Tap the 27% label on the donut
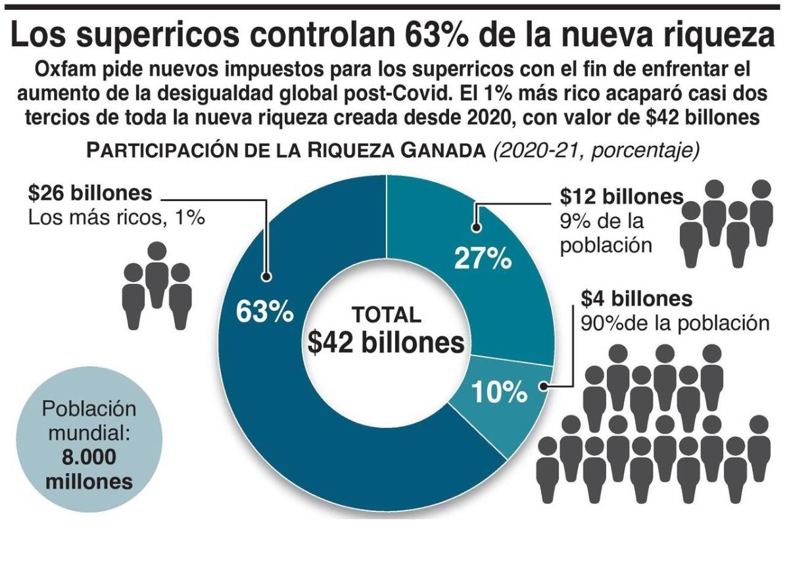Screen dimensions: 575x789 coord(483,258)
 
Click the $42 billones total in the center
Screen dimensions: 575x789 coord(385,343)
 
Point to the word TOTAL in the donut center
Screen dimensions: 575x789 coord(386,315)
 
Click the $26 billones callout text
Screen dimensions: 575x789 coord(90,194)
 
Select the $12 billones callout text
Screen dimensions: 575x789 coord(621,196)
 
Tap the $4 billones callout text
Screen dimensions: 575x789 coord(636,299)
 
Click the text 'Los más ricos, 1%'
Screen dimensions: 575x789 coord(117,217)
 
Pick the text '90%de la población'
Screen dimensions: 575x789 coord(675,323)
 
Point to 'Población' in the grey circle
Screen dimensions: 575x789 coord(89,409)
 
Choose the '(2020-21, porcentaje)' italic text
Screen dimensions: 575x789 coord(596,150)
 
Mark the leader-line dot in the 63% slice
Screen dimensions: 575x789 coord(266,277)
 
